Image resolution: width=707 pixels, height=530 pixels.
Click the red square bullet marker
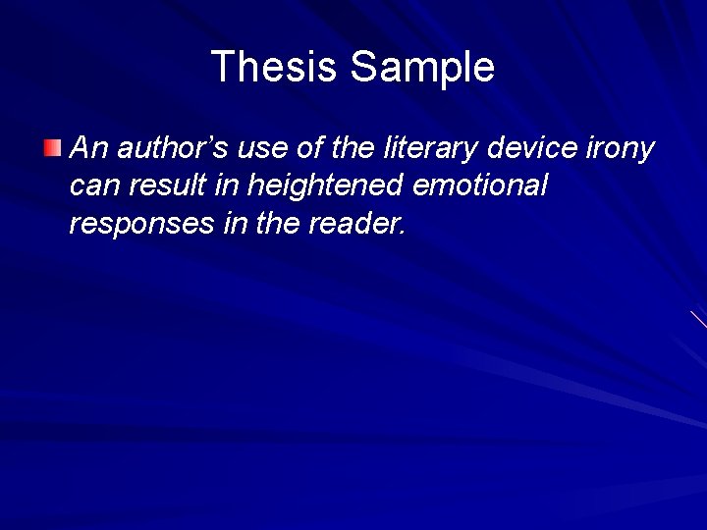52,149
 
